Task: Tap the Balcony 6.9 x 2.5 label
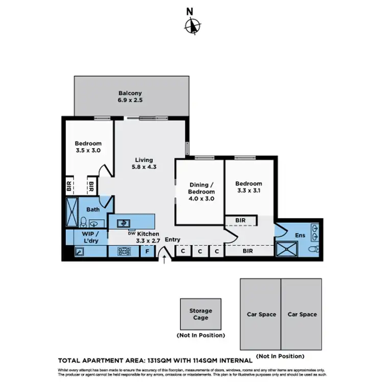tap(130, 97)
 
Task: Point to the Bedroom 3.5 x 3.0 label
tap(88, 147)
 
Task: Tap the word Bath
tap(92, 209)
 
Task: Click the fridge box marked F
tap(147, 251)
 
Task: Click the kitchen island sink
tap(123, 223)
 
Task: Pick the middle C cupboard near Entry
tap(200, 251)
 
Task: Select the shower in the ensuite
tap(286, 249)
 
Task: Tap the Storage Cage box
tap(200, 314)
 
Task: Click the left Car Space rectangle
tap(260, 314)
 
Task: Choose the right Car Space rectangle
tap(301, 314)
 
